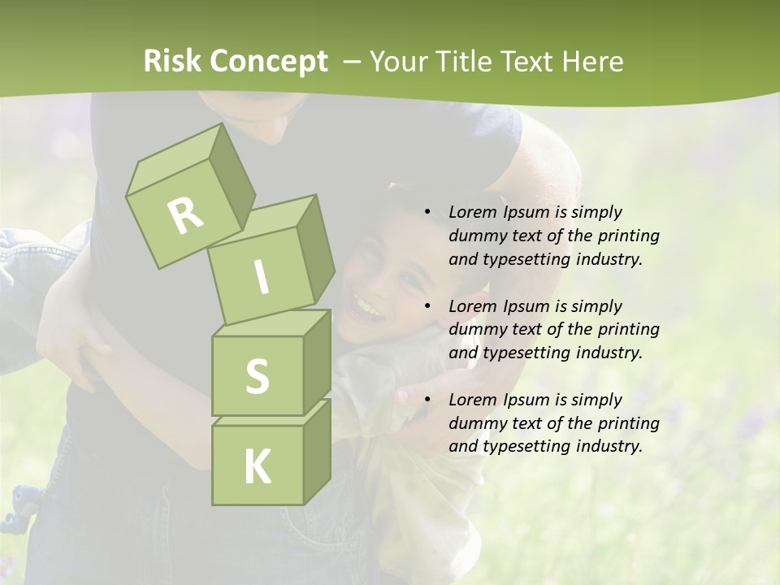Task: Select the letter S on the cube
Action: [x=257, y=376]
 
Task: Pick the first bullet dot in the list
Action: [x=428, y=212]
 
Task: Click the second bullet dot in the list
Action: [x=428, y=306]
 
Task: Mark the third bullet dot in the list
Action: [x=428, y=400]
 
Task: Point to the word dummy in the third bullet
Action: [x=474, y=423]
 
